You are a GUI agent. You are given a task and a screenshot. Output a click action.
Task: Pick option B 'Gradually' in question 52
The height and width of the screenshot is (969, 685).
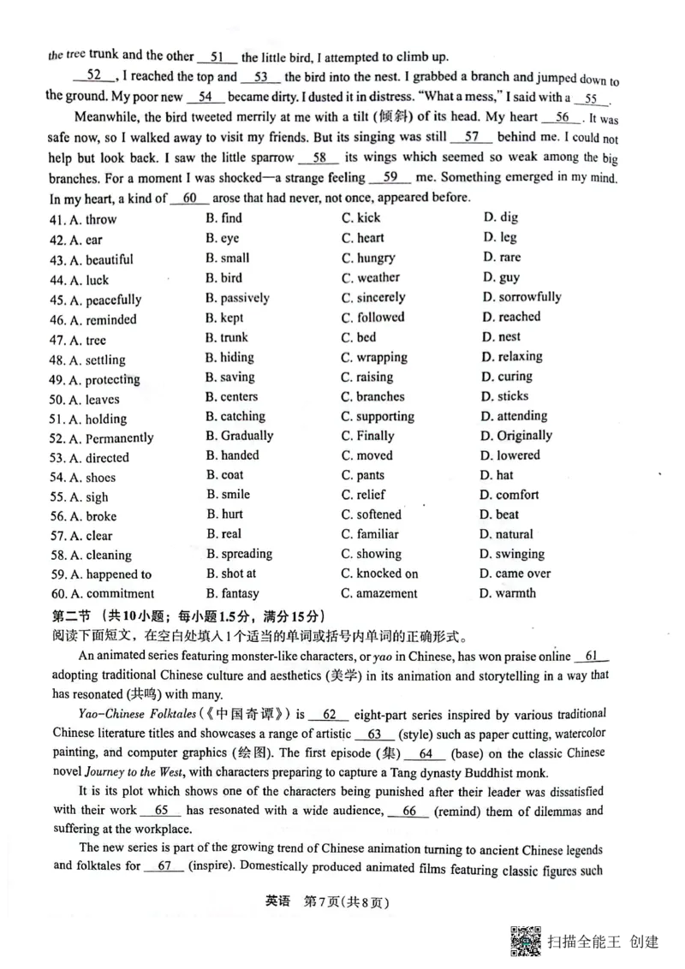click(x=239, y=436)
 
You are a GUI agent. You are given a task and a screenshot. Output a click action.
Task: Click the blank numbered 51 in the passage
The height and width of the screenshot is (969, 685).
click(x=217, y=57)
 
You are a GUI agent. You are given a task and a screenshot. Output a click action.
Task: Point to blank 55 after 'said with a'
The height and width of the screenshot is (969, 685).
click(x=591, y=98)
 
